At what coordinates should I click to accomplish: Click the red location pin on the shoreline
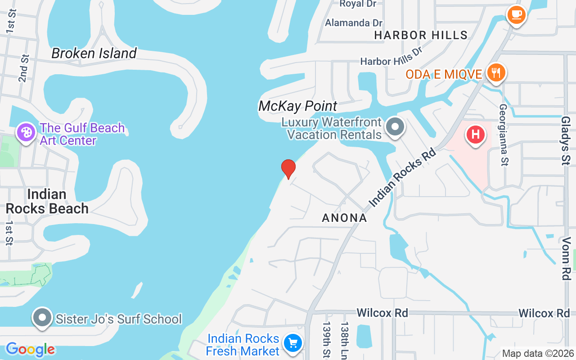coord(288,169)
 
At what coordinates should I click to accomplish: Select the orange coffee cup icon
coord(516,14)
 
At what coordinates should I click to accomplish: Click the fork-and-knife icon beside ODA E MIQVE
coord(496,72)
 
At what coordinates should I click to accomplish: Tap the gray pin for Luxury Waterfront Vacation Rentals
coord(396,127)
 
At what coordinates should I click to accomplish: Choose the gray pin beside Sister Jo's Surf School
coord(42,318)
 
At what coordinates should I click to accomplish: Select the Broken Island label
coord(94,53)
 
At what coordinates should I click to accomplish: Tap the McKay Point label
coord(297,106)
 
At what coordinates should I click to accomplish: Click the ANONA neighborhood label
coord(345,218)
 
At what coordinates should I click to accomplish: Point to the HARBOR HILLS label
coord(421,35)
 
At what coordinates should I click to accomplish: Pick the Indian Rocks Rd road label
coord(403,178)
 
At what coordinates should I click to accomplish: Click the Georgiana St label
coord(503,135)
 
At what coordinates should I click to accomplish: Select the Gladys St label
coord(566,140)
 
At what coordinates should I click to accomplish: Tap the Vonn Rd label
coord(566,260)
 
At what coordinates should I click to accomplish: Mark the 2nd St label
coord(24,68)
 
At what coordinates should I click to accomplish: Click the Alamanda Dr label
coord(354,22)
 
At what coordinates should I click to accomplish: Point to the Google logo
coord(30,349)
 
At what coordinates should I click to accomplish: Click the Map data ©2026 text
coord(538,354)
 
